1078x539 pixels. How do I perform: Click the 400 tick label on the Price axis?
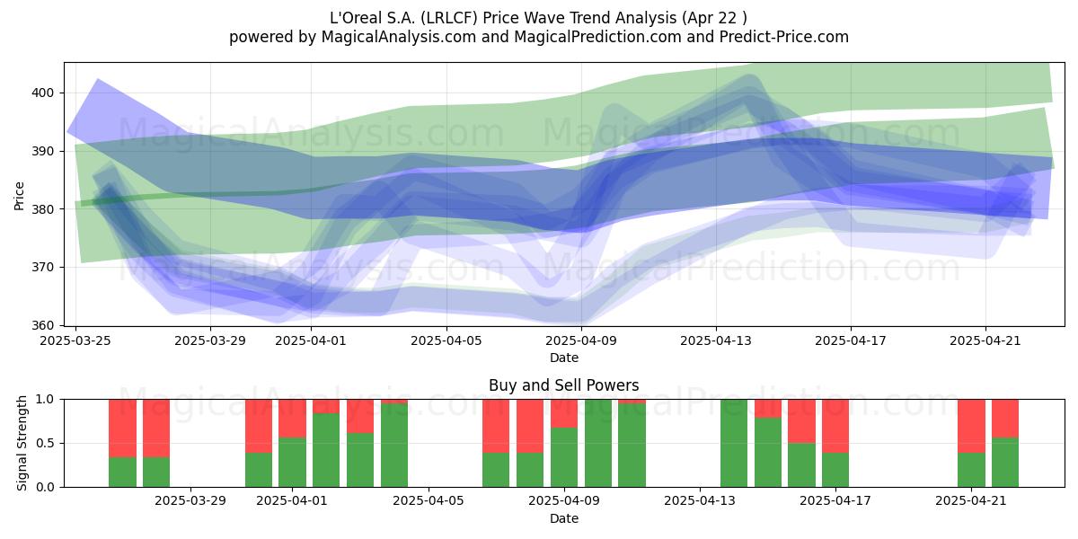42,93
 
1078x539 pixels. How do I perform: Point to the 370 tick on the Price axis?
42,267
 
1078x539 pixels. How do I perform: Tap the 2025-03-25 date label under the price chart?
75,341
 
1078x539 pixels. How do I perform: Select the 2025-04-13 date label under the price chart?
716,341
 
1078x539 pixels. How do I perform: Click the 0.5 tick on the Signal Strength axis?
45,443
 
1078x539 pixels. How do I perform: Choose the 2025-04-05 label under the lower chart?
429,501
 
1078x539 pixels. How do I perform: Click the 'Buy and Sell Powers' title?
563,385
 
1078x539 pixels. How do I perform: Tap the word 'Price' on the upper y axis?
19,196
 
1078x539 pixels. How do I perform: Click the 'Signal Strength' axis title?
22,443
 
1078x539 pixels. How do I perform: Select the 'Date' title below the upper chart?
564,358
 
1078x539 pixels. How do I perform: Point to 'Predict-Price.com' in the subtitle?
784,37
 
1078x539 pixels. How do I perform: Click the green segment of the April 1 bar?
292,462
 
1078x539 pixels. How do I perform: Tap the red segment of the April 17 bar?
835,426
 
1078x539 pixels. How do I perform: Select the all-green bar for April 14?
734,443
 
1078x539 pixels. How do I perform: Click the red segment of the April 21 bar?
971,426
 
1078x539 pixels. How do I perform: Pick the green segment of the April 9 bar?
564,457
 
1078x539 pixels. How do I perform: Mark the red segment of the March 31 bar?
259,426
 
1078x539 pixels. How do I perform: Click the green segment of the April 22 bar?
1005,462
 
